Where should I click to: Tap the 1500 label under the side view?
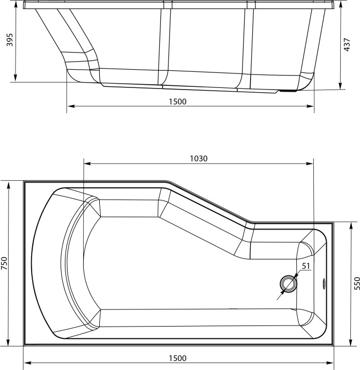click(x=178, y=101)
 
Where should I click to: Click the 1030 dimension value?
click(x=199, y=158)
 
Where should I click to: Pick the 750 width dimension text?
click(x=4, y=264)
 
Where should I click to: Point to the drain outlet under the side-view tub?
click(x=289, y=91)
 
